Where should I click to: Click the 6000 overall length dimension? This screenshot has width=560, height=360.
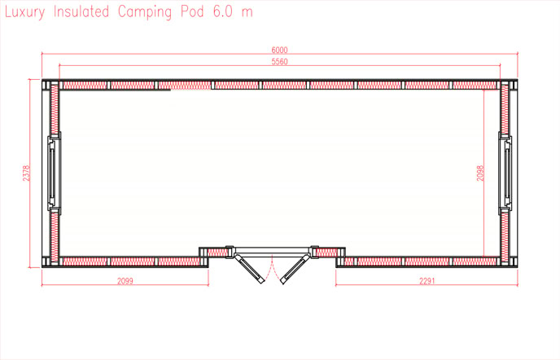pos(280,50)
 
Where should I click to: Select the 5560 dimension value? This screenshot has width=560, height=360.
pos(280,62)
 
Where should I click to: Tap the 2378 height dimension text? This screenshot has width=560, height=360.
pos(27,173)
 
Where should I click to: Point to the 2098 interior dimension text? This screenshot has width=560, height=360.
pos(480,173)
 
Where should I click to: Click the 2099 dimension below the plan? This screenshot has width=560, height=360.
pos(125,281)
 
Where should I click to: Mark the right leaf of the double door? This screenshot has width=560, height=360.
pos(295,267)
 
